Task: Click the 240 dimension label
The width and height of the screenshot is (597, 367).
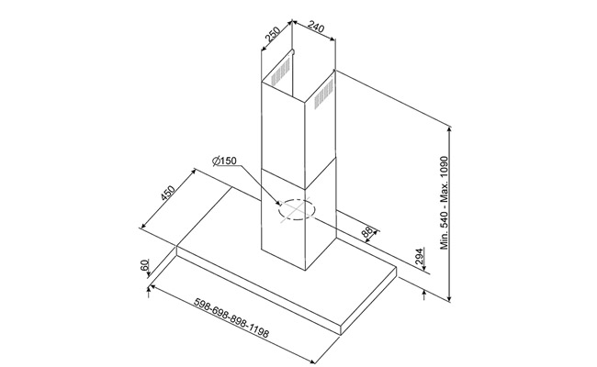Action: click(316, 27)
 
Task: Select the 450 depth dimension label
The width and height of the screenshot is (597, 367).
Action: click(167, 193)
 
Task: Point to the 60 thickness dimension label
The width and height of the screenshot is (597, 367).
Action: click(144, 264)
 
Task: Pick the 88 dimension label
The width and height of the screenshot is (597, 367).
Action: click(367, 231)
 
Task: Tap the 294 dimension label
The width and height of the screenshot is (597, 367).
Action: click(419, 257)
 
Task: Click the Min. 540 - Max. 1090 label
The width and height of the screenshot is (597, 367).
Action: click(445, 203)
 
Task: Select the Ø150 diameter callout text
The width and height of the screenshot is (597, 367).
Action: click(225, 161)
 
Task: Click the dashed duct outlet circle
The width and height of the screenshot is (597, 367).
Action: click(297, 209)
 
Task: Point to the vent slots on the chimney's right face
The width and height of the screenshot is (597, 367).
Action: click(323, 94)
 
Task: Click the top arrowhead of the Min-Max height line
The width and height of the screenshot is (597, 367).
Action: click(450, 129)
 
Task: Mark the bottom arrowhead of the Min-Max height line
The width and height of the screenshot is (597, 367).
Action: click(450, 298)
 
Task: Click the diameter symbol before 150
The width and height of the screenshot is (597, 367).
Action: click(216, 161)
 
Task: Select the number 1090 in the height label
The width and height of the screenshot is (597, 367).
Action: click(445, 166)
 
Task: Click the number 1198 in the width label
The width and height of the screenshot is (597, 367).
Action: click(260, 331)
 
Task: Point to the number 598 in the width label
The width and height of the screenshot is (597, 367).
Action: click(203, 305)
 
